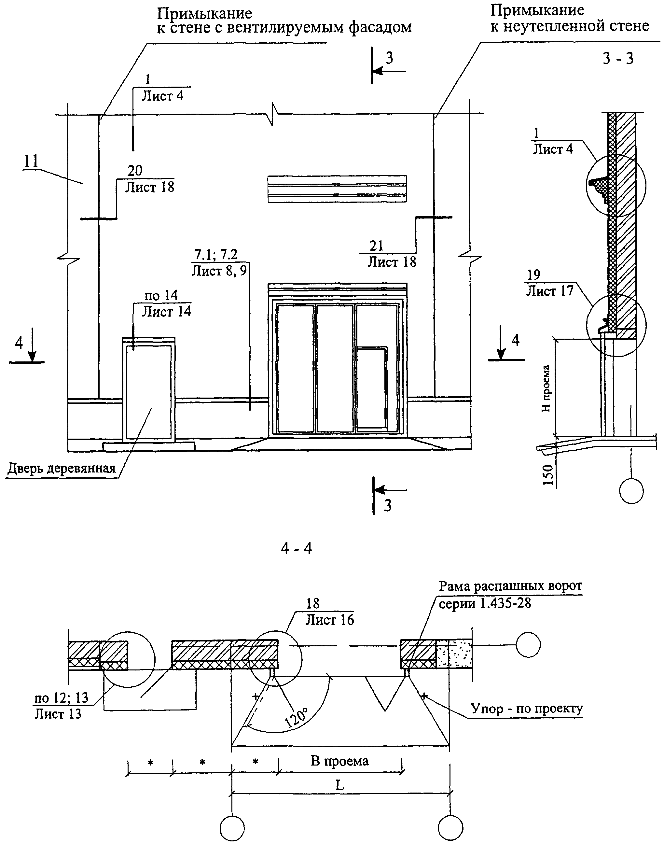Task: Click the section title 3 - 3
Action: click(618, 59)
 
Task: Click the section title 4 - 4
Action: click(297, 548)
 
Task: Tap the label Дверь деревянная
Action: click(62, 469)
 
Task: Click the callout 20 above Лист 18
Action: click(135, 170)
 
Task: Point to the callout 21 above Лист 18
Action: click(376, 246)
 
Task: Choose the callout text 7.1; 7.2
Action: click(216, 254)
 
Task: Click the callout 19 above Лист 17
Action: click(534, 274)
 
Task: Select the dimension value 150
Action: click(547, 475)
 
